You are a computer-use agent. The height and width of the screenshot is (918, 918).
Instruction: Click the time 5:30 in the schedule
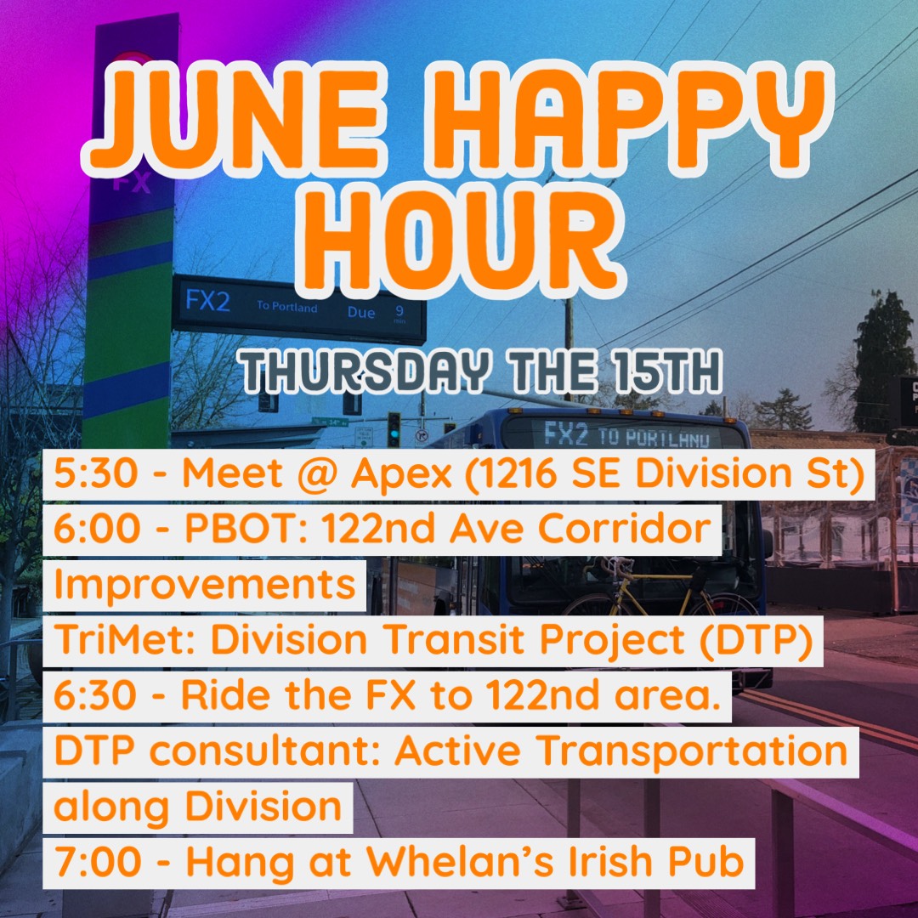96,480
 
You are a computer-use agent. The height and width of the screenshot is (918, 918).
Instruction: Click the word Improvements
204,585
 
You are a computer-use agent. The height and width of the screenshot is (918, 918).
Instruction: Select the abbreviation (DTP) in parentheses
762,640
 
